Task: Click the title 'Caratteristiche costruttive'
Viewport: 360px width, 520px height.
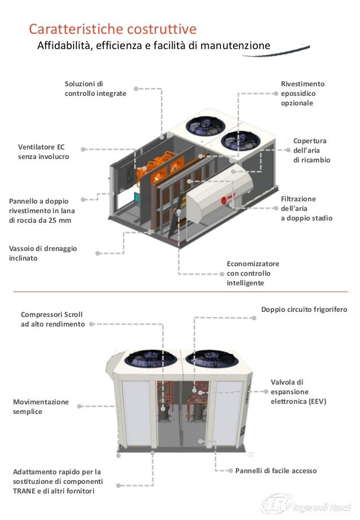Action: (113, 29)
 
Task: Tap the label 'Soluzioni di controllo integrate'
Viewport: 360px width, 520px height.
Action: (95, 89)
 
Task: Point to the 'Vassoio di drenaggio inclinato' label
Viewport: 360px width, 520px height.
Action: (43, 253)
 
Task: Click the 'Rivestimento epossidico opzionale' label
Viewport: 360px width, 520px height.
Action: (302, 94)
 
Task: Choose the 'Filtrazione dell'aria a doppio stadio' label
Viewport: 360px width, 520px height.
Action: (306, 209)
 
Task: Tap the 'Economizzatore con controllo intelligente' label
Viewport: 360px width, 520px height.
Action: (253, 274)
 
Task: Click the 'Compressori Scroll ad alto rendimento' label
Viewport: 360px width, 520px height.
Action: (52, 319)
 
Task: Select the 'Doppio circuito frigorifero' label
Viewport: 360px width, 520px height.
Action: (304, 310)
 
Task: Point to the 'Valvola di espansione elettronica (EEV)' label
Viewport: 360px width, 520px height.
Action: (298, 392)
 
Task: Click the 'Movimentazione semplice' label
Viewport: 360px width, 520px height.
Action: (41, 407)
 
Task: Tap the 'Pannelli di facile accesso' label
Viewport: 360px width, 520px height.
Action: (276, 470)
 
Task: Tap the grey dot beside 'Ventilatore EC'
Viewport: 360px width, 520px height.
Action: (82, 149)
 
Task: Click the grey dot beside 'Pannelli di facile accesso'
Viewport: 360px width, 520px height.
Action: (230, 470)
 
